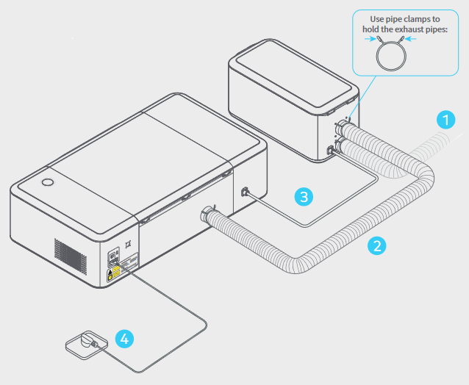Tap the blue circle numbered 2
377,245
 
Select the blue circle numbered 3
304,196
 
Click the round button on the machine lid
47,181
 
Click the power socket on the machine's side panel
114,258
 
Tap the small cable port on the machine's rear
244,192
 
